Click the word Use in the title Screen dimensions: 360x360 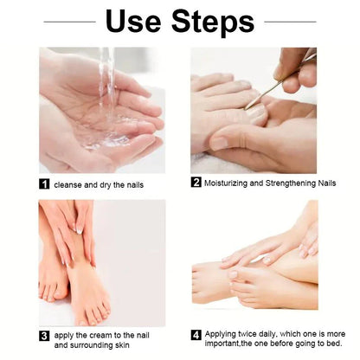(134, 22)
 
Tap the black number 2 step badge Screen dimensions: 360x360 (196, 182)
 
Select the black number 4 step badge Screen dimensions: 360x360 (196, 333)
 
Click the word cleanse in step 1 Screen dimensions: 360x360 (70, 184)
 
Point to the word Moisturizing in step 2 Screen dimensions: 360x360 (229, 182)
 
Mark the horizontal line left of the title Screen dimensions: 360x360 (69, 22)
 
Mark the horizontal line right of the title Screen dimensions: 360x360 (290, 22)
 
